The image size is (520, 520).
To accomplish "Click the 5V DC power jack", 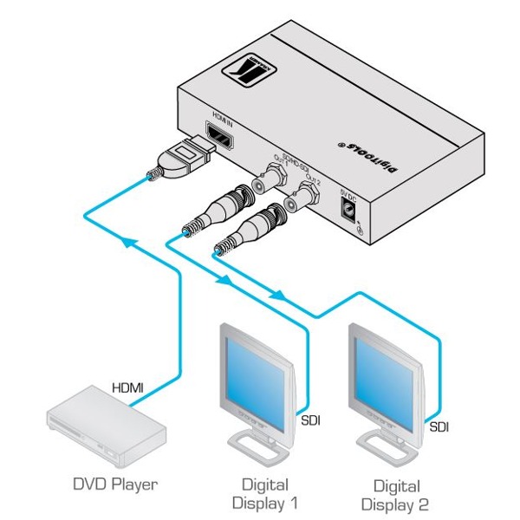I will (349, 208).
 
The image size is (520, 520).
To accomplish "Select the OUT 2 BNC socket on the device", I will (306, 193).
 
